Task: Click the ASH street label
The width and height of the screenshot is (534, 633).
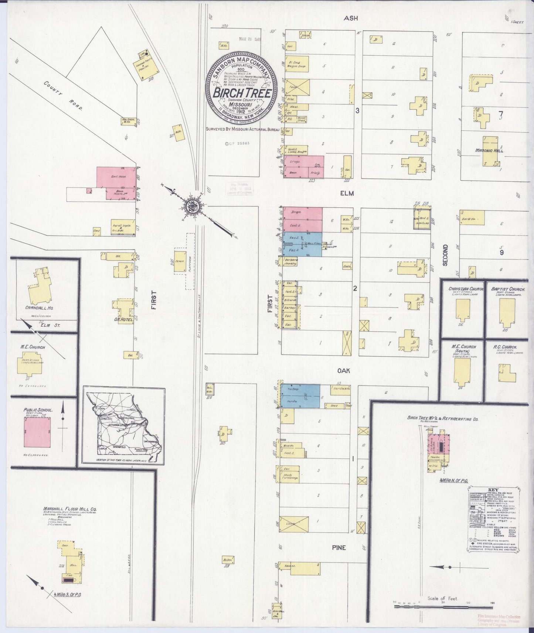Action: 351,18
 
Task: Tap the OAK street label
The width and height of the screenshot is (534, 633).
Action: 343,370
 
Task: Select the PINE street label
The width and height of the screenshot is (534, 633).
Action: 339,547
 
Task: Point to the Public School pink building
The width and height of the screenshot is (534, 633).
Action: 38,432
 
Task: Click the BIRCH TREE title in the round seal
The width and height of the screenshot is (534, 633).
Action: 242,92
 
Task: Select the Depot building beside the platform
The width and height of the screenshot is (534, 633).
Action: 180,261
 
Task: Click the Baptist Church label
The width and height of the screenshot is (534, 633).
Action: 508,289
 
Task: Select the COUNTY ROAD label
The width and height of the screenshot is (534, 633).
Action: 63,96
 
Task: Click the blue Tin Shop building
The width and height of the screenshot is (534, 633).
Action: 300,396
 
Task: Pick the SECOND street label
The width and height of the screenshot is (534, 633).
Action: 445,255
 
